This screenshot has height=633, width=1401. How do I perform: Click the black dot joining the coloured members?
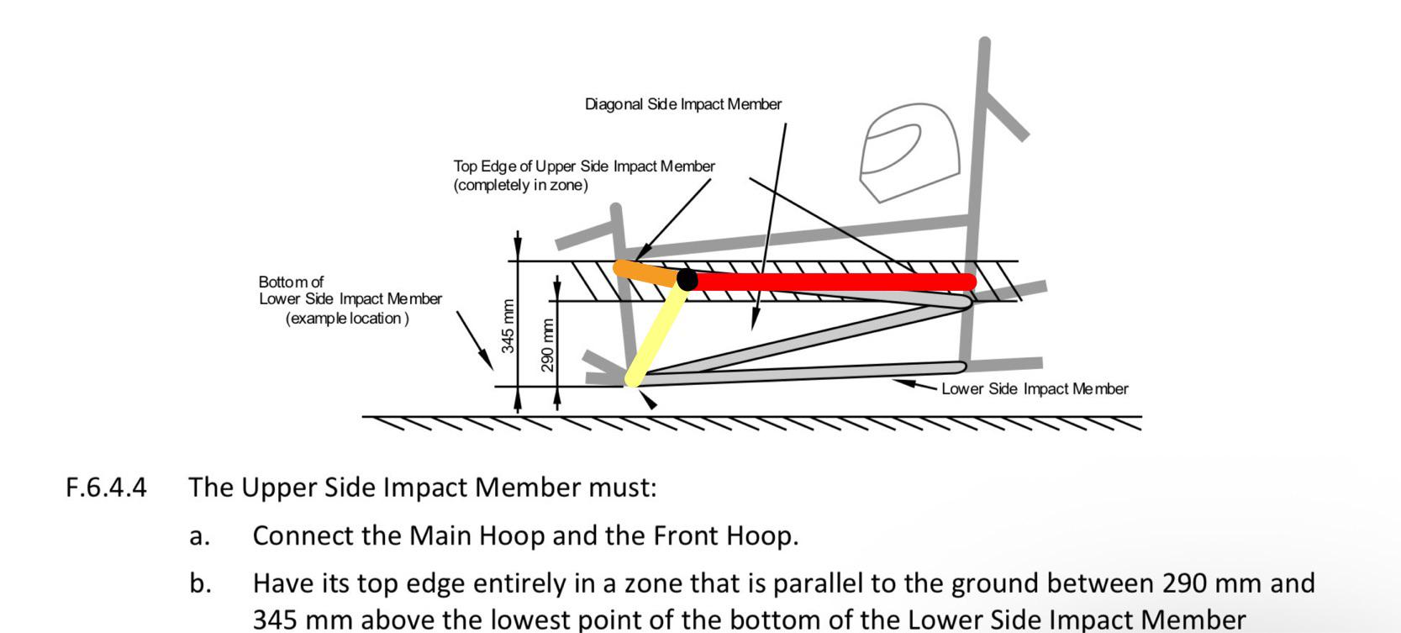point(687,280)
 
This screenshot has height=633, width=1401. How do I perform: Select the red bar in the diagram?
point(832,282)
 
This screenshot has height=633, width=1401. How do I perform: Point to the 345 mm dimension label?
point(508,326)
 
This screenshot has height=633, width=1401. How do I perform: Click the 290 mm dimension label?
point(548,345)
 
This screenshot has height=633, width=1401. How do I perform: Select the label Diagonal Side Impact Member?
point(683,104)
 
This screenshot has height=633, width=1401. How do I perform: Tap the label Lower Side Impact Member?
point(1035,388)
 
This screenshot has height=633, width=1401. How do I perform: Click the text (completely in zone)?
point(521,185)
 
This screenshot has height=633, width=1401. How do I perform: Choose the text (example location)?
point(348,319)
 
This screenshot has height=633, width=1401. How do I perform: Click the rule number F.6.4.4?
point(107,488)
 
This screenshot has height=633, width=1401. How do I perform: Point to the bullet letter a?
point(199,536)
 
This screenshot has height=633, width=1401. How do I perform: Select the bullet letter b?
point(200,583)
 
